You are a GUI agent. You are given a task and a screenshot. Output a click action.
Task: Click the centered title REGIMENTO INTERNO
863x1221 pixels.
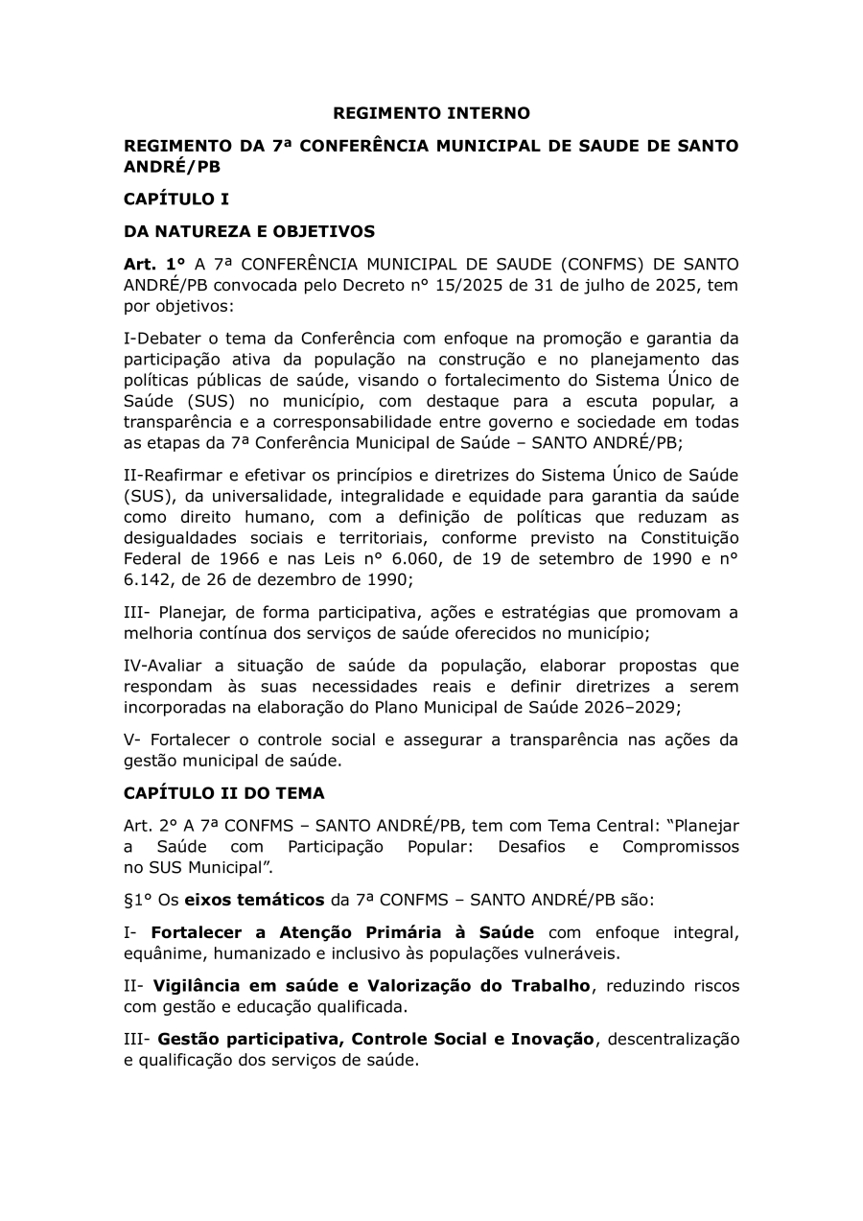[431, 113]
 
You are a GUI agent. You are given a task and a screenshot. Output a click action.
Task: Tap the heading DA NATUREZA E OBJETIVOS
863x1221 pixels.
[249, 231]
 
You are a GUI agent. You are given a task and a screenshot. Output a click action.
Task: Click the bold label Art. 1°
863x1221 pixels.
[154, 264]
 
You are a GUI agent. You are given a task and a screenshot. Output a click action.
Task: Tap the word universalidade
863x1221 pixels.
[255, 497]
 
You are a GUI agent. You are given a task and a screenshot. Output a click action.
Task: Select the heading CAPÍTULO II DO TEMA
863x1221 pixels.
[224, 793]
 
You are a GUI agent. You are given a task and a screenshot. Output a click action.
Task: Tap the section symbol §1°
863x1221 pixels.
[139, 901]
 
